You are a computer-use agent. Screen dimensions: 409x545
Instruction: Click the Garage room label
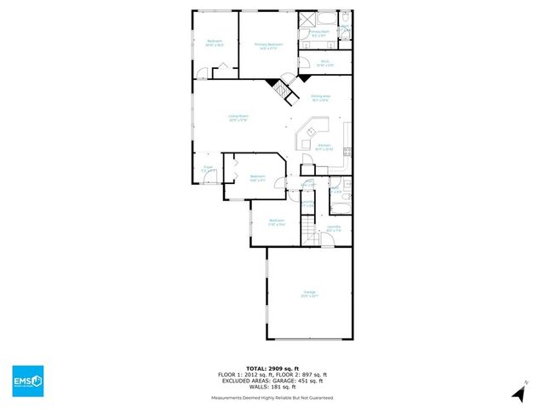(309, 295)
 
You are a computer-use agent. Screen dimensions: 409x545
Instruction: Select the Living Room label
(238, 118)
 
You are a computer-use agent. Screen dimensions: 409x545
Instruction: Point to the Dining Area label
(321, 98)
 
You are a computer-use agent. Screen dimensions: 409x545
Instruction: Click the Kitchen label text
(324, 147)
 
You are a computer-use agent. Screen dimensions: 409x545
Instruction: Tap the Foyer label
(207, 169)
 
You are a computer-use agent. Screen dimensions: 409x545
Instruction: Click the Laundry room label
(334, 228)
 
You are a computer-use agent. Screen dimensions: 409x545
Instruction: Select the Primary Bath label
(320, 34)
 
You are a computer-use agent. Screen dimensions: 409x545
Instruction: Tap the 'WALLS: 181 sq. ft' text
(272, 387)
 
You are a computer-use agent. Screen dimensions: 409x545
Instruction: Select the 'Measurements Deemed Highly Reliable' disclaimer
(272, 398)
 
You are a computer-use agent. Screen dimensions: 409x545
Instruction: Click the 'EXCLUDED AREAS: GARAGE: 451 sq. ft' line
(272, 381)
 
